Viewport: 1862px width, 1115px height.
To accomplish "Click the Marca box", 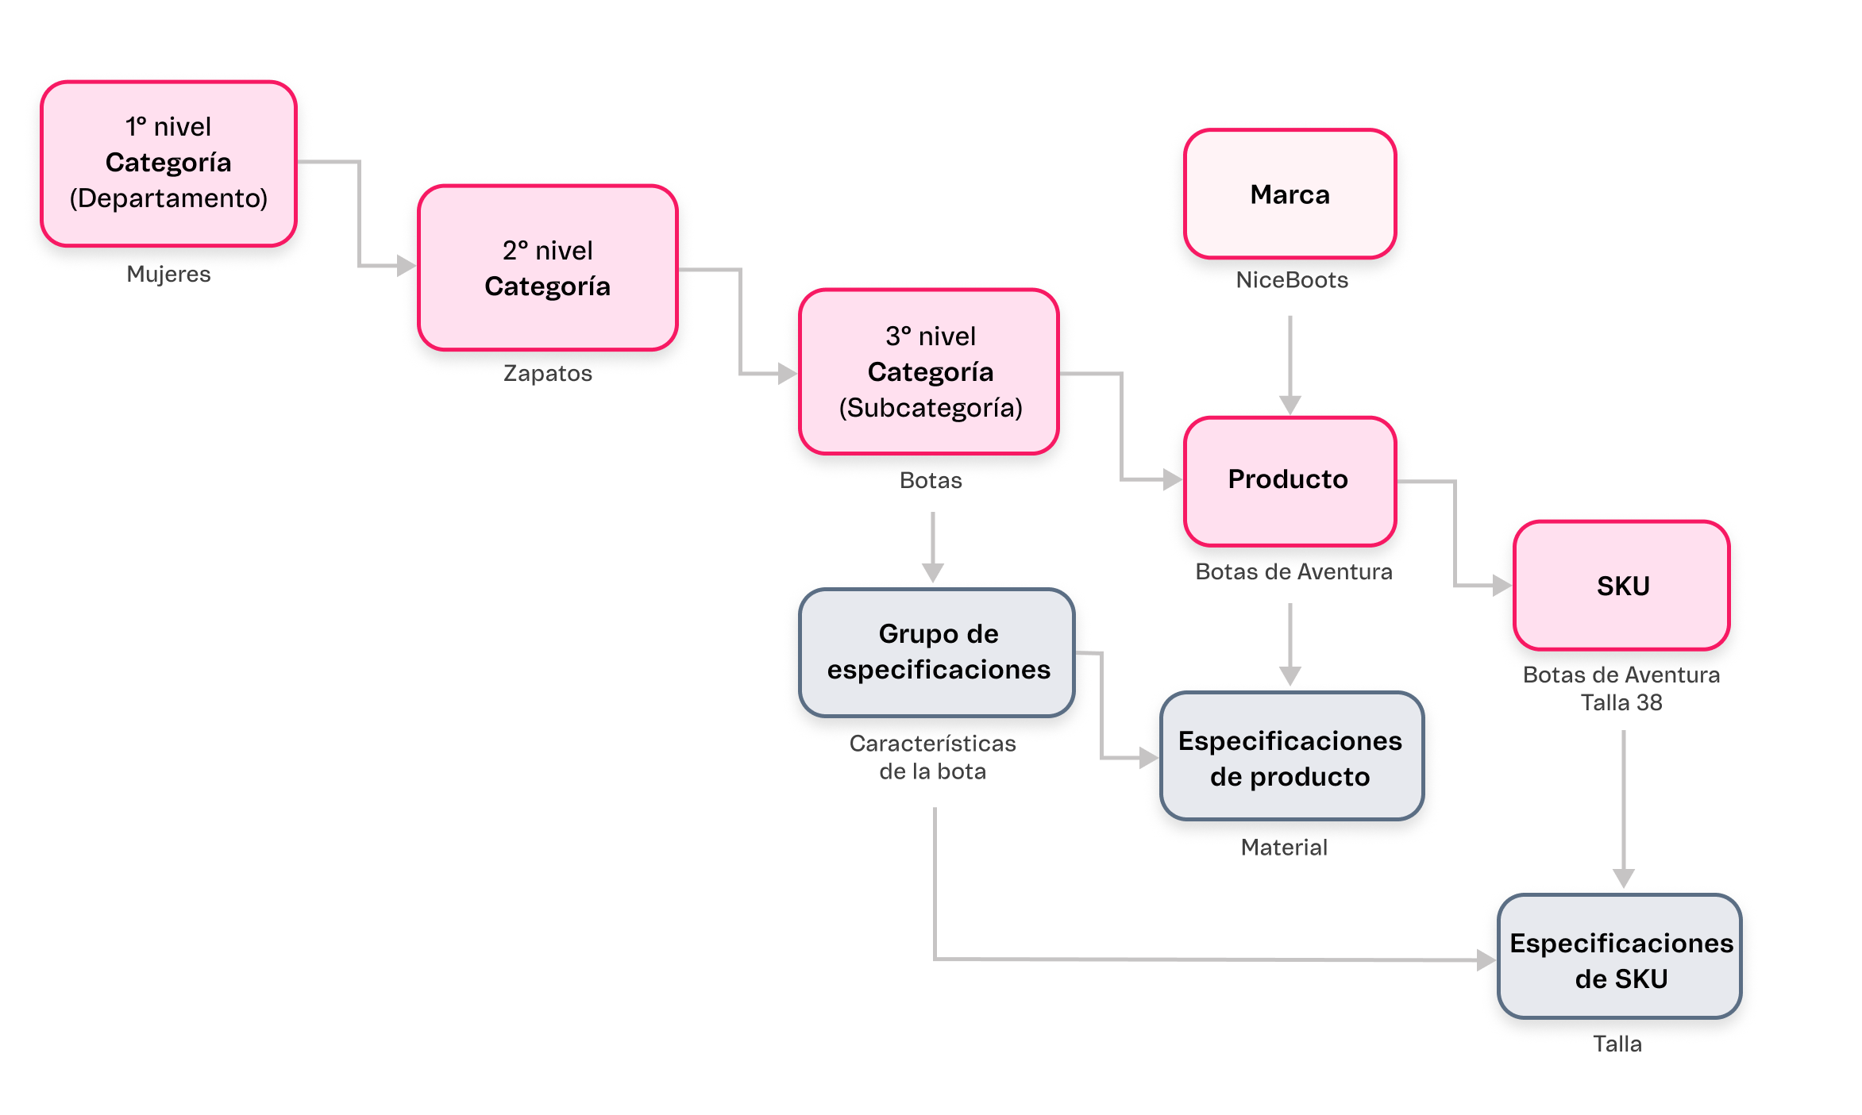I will (1290, 194).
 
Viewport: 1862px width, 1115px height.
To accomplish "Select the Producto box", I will (1289, 480).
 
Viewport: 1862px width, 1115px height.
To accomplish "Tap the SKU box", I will (1621, 586).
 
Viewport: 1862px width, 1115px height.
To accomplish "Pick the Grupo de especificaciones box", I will (937, 652).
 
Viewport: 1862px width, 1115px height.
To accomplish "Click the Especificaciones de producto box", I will (1290, 757).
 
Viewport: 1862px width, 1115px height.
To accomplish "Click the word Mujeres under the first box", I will (168, 275).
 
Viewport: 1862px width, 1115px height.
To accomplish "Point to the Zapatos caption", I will (548, 374).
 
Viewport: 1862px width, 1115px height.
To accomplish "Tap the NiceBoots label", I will (1292, 280).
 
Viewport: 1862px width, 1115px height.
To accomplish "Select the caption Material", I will (1284, 848).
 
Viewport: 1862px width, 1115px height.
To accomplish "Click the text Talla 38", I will (1621, 703).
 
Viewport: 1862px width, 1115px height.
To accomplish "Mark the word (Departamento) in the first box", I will (168, 198).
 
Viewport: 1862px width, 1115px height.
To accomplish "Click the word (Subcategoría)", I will (931, 408).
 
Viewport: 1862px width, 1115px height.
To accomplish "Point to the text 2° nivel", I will (548, 251).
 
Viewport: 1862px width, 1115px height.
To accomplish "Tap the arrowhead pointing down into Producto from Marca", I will (1290, 405).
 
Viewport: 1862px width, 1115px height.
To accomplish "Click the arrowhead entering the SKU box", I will (1501, 586).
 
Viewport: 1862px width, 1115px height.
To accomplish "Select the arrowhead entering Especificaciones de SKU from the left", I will (1486, 960).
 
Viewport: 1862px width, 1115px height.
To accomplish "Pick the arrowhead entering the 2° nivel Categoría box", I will (406, 265).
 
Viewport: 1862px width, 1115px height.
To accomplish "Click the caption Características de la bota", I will (932, 757).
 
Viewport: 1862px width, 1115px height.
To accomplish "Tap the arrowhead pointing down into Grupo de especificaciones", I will (933, 572).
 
